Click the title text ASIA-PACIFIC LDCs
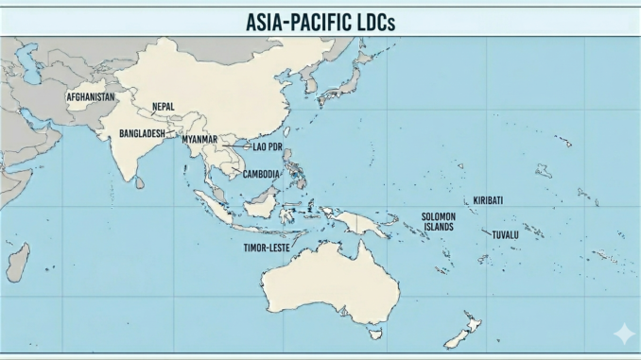coord(320,21)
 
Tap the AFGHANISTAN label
coord(92,97)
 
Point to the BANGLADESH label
coord(142,134)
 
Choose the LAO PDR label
coord(268,146)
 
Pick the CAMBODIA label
coord(261,174)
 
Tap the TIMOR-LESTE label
coord(267,247)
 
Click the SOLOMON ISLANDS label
coord(439,222)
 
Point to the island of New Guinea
coord(364,223)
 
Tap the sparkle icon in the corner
coord(624,334)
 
